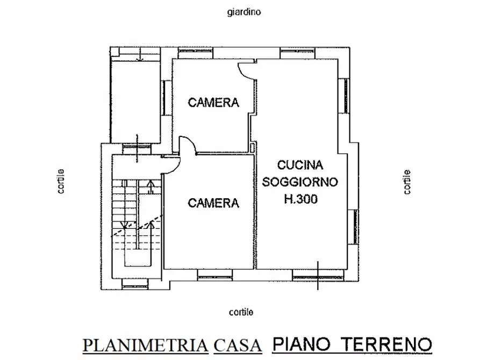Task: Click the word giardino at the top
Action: [243, 11]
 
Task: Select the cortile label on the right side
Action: [407, 182]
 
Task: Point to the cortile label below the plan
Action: [241, 312]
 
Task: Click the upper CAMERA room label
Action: [213, 103]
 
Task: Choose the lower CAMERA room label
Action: [213, 203]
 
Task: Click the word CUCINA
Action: [300, 165]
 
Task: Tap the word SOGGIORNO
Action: [300, 182]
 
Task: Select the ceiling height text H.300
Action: [300, 199]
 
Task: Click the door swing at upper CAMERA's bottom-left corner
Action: [185, 144]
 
